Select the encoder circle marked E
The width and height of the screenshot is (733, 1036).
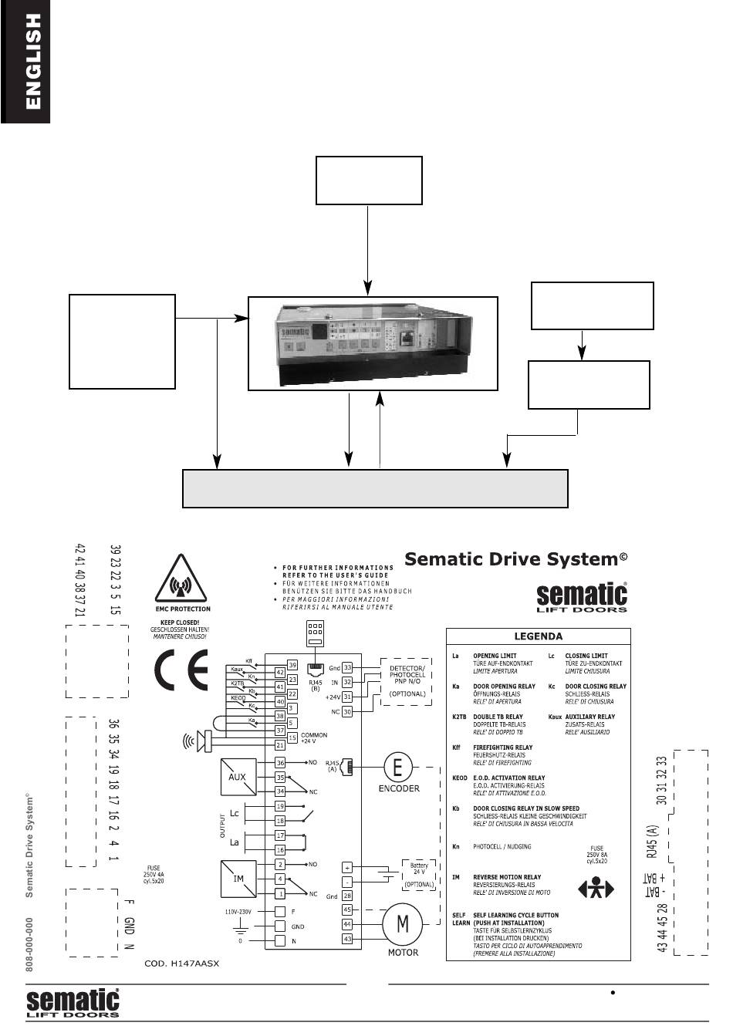point(398,767)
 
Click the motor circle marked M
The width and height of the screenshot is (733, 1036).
point(402,924)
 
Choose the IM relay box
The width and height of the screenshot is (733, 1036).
point(237,879)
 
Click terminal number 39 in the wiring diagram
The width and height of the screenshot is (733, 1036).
point(292,664)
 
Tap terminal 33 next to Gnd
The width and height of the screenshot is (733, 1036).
point(347,667)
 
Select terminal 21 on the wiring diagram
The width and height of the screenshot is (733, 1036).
point(281,745)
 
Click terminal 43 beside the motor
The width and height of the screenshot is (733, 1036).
point(347,939)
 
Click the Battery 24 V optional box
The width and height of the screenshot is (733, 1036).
point(419,873)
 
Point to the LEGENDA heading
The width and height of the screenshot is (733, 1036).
point(539,637)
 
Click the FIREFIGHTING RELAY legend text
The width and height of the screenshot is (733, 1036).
point(502,747)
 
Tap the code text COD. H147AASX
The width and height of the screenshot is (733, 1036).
point(182,964)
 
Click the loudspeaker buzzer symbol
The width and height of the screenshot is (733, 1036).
point(202,741)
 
